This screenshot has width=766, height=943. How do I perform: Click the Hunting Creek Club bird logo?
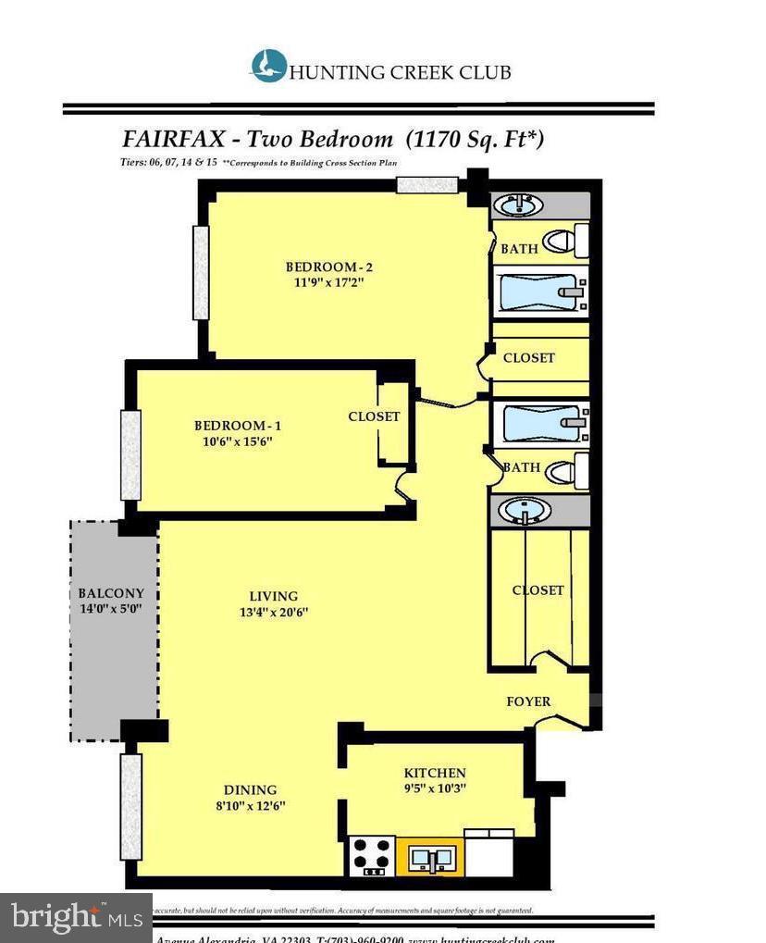[268, 67]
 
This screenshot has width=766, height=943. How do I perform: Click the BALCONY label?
[111, 593]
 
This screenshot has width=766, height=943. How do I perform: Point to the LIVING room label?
[273, 596]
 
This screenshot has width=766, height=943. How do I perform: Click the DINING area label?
[250, 789]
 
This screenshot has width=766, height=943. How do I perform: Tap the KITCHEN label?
[435, 773]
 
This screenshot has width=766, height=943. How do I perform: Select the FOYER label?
[528, 701]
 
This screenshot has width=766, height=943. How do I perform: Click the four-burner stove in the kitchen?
[371, 856]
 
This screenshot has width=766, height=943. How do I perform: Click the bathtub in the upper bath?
[539, 292]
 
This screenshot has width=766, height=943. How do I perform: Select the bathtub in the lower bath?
[539, 425]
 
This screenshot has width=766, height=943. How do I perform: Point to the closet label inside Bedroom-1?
[374, 416]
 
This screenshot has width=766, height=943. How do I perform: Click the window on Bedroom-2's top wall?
[427, 184]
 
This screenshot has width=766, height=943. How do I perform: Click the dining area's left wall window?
[130, 806]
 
